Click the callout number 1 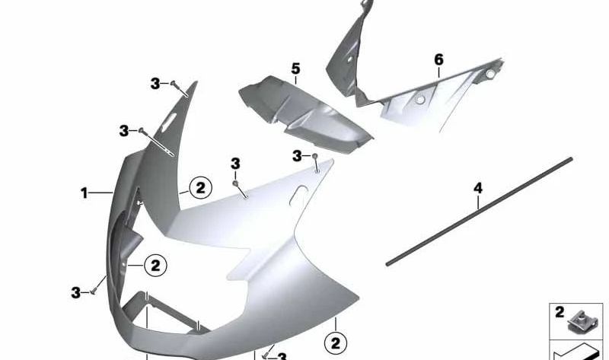coord(84,193)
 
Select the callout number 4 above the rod coord(478,187)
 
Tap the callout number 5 coord(295,69)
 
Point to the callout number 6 coord(438,59)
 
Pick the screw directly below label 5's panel coord(314,156)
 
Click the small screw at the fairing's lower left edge coord(92,290)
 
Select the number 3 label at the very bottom coord(281,356)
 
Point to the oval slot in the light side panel coord(291,202)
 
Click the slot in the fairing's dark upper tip coord(174,119)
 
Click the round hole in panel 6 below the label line coord(419,100)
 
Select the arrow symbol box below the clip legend coord(578,352)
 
